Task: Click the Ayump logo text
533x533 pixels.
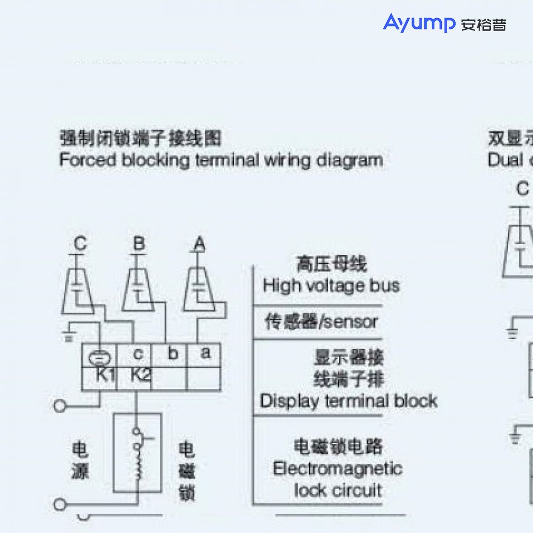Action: [419, 23]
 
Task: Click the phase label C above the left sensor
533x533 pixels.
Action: [80, 244]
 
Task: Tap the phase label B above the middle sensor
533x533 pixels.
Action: [139, 244]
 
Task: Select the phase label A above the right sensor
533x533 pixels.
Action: [199, 244]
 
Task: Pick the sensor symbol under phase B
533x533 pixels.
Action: [138, 288]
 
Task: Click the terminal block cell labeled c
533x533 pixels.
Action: [138, 354]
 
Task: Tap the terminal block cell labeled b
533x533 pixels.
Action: [173, 354]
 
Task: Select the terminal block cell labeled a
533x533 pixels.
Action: [205, 353]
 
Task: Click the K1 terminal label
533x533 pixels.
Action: [106, 375]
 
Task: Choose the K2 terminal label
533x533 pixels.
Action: [140, 375]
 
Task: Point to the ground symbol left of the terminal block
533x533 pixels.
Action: [68, 335]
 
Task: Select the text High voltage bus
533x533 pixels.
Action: [331, 286]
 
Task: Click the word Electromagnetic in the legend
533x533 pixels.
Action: [337, 469]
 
